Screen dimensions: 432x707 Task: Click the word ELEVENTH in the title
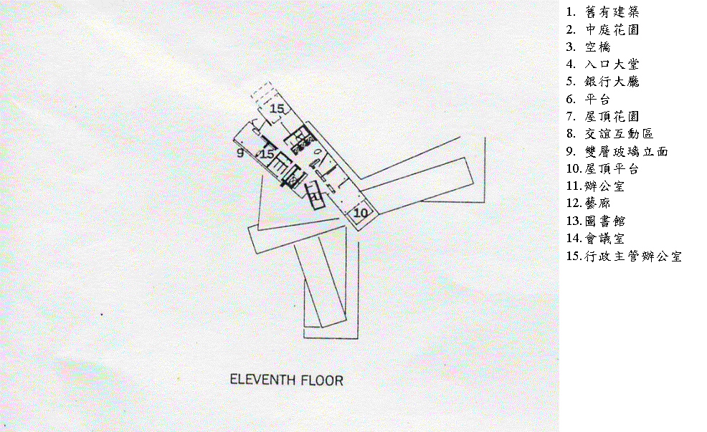pos(262,380)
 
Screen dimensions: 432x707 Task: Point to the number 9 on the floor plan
pos(239,153)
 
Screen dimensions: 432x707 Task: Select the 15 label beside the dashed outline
pos(277,109)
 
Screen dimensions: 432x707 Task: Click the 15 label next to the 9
pos(267,154)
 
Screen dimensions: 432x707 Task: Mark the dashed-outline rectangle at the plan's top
pos(263,93)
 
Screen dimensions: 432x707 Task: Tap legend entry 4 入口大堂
pos(602,64)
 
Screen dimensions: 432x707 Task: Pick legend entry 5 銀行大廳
pos(602,82)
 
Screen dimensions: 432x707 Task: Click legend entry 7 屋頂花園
pos(602,116)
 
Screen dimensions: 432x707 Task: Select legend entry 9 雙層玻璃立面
pos(617,151)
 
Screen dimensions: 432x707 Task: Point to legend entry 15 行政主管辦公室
pos(622,256)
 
